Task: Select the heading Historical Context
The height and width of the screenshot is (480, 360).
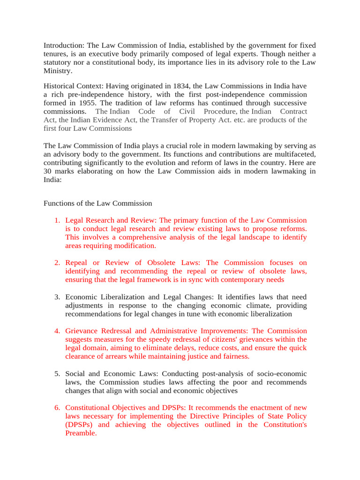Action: (x=72, y=86)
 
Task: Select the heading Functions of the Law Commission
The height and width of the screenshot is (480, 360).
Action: (x=97, y=203)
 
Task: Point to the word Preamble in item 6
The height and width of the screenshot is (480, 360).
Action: (x=80, y=433)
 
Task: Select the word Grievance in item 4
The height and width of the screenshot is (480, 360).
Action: (x=82, y=331)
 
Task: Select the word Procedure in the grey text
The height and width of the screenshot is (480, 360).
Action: (x=219, y=111)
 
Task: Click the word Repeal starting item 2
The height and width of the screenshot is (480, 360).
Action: (x=76, y=262)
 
